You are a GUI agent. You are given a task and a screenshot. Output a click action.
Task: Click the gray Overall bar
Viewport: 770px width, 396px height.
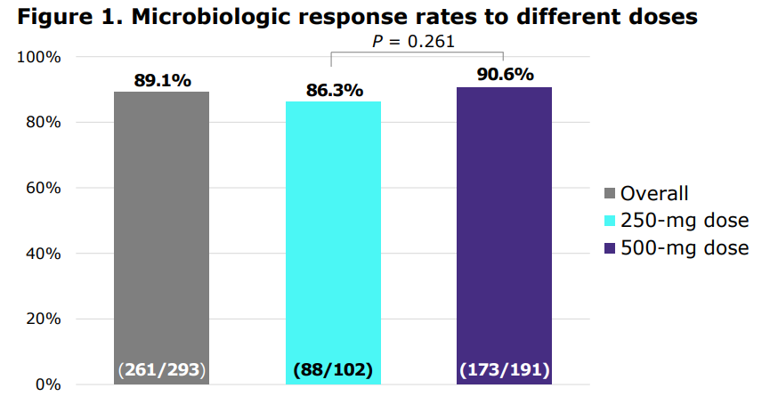tap(161, 231)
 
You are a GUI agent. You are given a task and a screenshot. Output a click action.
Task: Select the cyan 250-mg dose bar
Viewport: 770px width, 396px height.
tap(333, 236)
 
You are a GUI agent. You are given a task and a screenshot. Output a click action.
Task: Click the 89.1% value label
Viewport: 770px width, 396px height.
tap(162, 80)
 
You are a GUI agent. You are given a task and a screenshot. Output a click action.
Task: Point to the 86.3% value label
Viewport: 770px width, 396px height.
tap(334, 90)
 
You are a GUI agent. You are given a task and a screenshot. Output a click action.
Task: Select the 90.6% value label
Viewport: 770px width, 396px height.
tap(505, 75)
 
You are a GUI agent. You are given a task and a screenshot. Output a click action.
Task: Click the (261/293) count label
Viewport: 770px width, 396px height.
tap(161, 369)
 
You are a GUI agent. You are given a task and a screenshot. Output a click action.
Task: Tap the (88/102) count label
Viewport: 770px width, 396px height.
tap(333, 369)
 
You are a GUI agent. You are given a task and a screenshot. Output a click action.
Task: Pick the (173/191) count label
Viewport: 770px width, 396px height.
tap(504, 369)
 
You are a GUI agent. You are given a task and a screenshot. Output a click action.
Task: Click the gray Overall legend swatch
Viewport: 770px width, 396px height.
tap(610, 194)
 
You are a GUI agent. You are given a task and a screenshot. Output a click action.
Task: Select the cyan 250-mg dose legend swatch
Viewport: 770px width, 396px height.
tap(610, 221)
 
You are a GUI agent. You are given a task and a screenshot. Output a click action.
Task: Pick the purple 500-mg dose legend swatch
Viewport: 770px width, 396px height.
tap(610, 248)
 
